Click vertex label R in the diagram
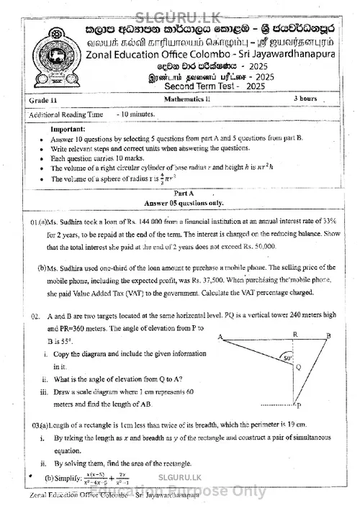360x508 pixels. click(x=294, y=334)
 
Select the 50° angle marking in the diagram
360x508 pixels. click(x=287, y=358)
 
